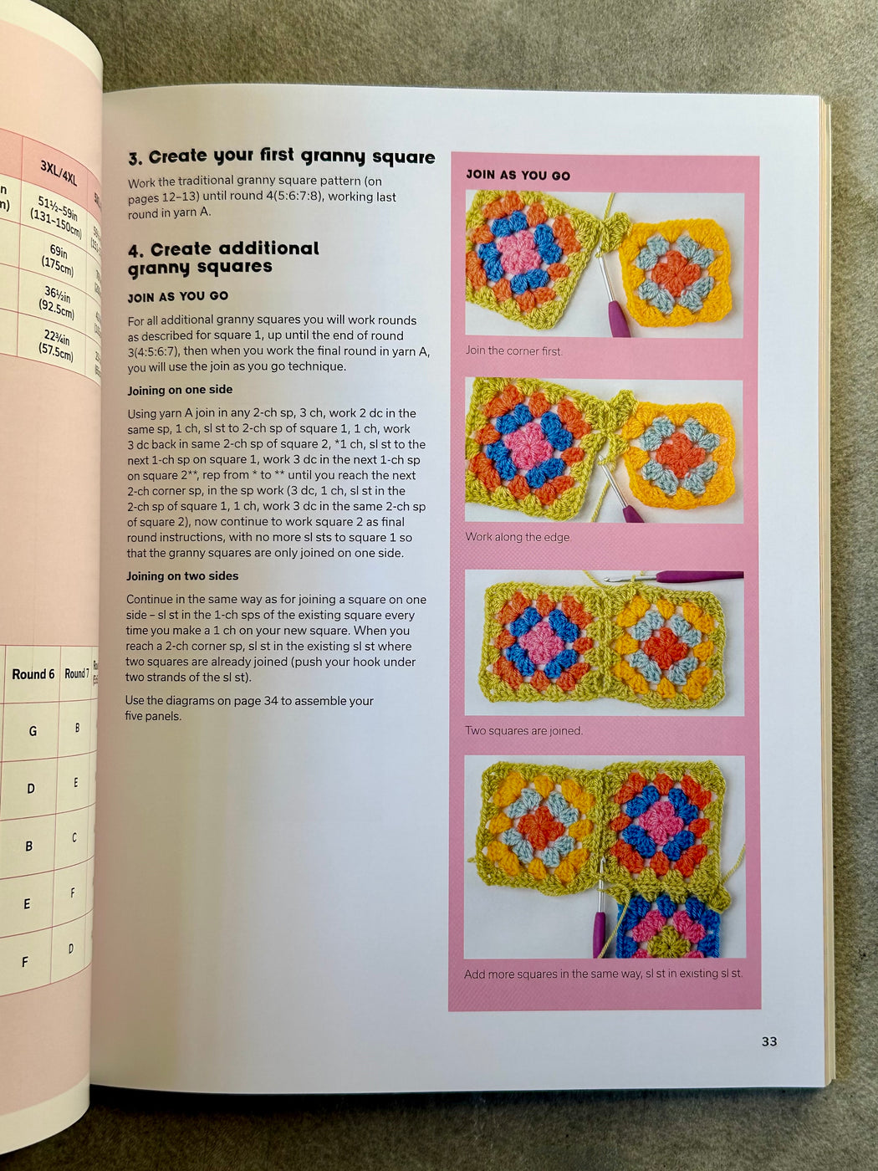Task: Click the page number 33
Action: pyautogui.click(x=768, y=1041)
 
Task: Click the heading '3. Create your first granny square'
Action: pyautogui.click(x=281, y=156)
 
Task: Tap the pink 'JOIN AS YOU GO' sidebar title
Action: pyautogui.click(x=518, y=175)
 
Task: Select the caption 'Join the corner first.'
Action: pyautogui.click(x=513, y=350)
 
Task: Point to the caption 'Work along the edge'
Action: pyautogui.click(x=517, y=537)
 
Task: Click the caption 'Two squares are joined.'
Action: pyautogui.click(x=523, y=730)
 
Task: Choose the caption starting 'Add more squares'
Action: pyautogui.click(x=603, y=974)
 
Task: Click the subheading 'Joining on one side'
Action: pyautogui.click(x=180, y=390)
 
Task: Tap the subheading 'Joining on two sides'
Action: pyautogui.click(x=182, y=576)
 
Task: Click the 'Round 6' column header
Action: pyautogui.click(x=33, y=674)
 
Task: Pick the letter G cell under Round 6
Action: pyautogui.click(x=33, y=731)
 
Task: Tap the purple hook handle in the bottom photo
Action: pyautogui.click(x=600, y=933)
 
